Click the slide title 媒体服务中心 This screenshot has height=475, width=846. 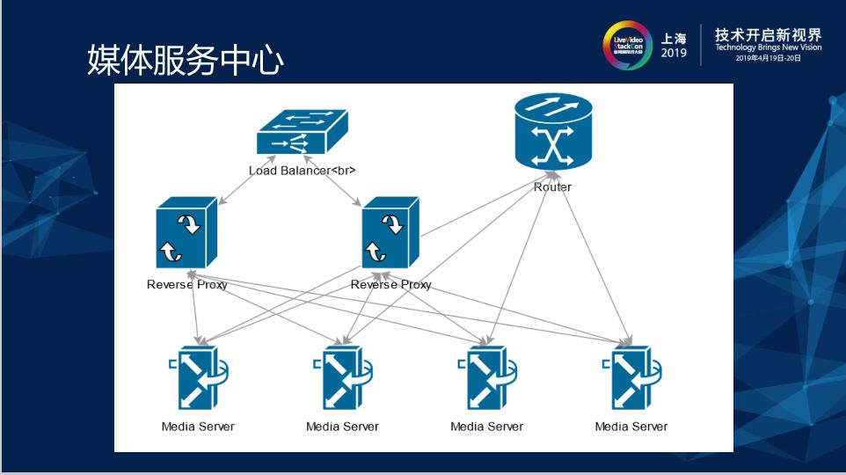186,60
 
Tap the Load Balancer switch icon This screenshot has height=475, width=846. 302,135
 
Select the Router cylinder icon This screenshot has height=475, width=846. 552,135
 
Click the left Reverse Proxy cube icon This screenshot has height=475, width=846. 186,233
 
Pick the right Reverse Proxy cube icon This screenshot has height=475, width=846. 390,233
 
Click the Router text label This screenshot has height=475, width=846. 552,187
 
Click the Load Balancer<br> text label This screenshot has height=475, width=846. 302,170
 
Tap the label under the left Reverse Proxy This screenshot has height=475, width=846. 186,285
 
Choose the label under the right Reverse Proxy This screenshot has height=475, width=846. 390,285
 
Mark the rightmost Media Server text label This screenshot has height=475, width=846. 631,427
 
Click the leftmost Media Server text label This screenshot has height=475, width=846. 198,427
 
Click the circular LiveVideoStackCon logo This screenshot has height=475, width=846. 627,45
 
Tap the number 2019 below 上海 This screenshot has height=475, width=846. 674,54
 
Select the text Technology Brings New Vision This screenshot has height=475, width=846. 768,47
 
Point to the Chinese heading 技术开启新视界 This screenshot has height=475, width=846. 768,34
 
